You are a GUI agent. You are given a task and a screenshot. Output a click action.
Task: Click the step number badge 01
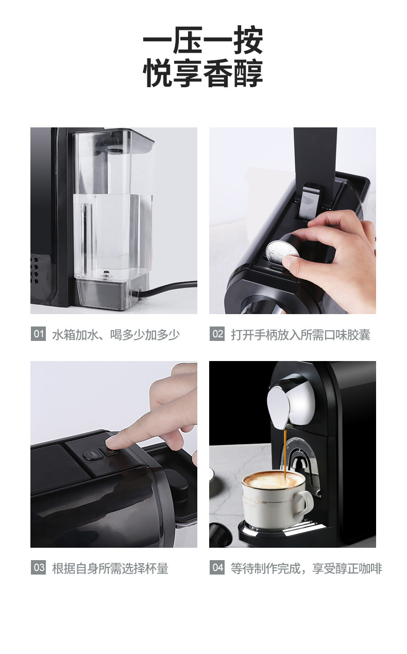pos(38,334)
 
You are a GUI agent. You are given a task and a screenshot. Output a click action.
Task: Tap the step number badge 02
pos(217,334)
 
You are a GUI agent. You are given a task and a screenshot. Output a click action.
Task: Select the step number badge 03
pos(38,568)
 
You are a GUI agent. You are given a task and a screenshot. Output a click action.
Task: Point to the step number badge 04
pos(217,568)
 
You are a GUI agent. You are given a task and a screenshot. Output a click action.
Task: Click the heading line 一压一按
pos(203,40)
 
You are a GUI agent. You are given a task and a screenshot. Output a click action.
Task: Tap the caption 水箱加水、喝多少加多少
pos(116,335)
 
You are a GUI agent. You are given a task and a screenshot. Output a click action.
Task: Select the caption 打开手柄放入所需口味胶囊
pos(300,335)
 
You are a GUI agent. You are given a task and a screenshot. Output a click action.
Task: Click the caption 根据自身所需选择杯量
pos(110,568)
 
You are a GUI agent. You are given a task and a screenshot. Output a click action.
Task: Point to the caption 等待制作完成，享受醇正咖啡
pos(306,568)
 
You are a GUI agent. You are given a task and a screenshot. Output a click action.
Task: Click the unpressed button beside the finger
pos(91,455)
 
